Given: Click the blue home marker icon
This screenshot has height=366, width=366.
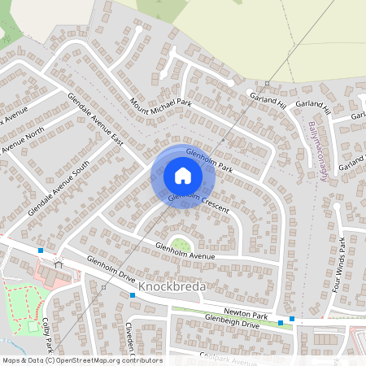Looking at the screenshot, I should click(183, 176).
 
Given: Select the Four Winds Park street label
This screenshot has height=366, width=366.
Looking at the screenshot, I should click(342, 264).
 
